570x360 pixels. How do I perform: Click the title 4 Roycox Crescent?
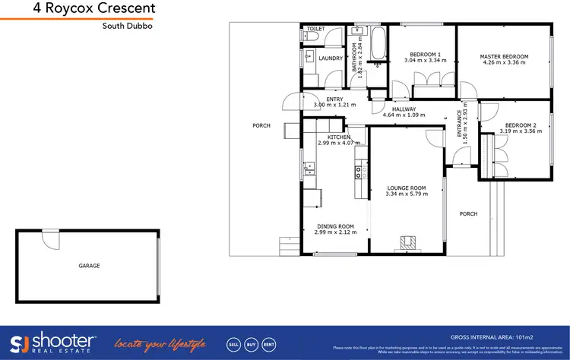click(95, 9)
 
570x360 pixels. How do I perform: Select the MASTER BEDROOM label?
click(505, 56)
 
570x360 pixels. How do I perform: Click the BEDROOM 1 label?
click(425, 54)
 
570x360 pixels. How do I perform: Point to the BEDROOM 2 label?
click(521, 125)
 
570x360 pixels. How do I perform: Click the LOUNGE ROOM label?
click(407, 188)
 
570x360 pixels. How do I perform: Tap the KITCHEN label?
click(333, 137)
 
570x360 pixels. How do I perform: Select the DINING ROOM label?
click(334, 226)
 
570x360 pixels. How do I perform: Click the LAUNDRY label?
click(330, 58)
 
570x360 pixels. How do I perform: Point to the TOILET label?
click(315, 29)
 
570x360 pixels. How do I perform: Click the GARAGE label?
click(89, 266)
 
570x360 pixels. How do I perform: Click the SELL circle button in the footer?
click(233, 343)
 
